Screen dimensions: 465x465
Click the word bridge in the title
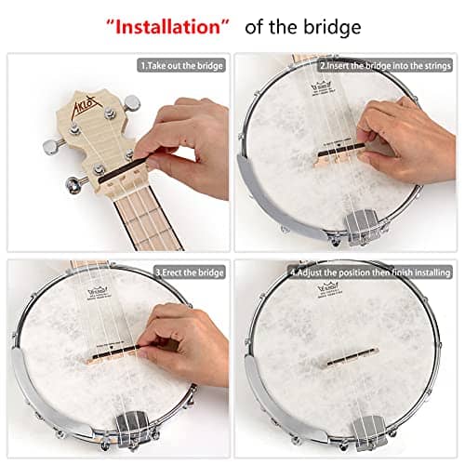click(x=326, y=27)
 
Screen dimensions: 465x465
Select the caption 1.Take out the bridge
click(x=182, y=66)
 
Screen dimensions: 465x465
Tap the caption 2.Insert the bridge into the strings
click(x=385, y=66)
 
